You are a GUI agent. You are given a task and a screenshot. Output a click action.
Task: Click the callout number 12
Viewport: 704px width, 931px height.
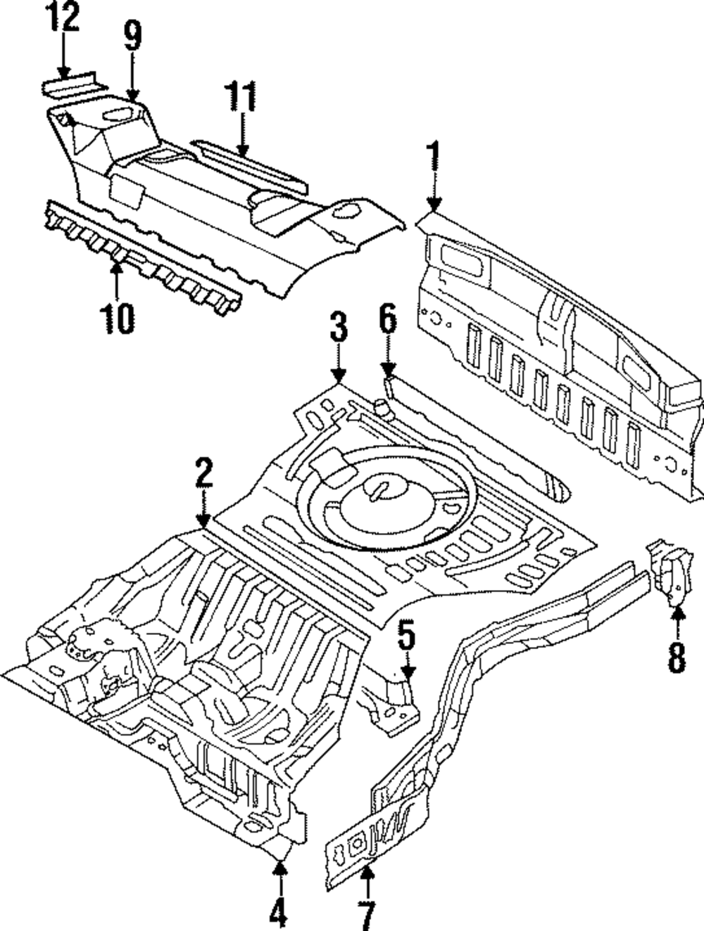63,18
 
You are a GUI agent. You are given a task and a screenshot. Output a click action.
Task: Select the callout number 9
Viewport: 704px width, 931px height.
132,36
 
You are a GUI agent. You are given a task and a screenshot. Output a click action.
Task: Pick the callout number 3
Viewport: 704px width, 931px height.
339,328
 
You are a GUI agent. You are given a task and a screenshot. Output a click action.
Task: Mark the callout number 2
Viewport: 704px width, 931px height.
203,473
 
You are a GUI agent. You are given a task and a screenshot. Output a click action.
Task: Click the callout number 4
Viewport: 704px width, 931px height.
279,912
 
